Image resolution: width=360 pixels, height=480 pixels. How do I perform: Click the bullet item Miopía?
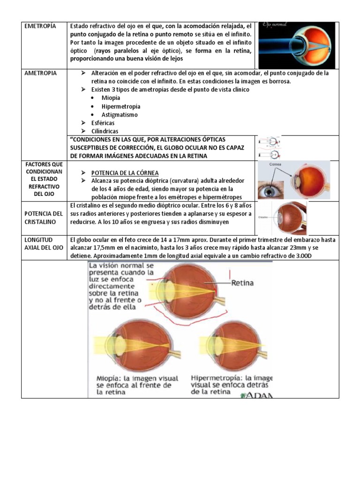point(111,98)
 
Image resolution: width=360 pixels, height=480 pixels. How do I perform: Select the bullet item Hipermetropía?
point(120,106)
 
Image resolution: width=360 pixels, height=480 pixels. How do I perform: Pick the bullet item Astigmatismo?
point(120,115)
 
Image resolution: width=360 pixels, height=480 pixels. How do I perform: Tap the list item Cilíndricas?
point(105,132)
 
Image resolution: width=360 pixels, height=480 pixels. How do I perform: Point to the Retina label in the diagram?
point(242,283)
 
